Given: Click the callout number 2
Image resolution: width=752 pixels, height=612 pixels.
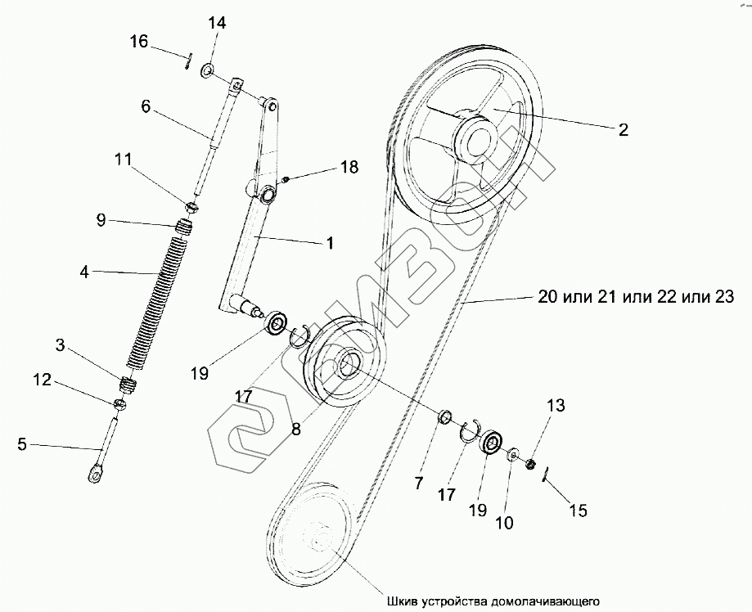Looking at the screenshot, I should point(623,129).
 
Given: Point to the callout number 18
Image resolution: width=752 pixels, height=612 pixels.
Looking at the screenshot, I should point(349,167).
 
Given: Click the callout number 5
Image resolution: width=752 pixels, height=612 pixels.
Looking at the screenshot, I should point(22,445).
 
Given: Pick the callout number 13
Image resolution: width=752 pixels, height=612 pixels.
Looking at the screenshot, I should point(556,405).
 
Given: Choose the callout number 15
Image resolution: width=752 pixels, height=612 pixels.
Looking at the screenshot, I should point(578,511).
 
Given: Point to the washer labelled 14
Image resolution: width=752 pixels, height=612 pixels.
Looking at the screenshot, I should point(208,70).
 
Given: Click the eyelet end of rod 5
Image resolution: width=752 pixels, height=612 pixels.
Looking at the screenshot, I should point(95,471).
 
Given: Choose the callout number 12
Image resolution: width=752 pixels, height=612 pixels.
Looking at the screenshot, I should point(43,380).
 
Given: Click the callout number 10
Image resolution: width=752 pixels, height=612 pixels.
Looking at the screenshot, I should point(506,521).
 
